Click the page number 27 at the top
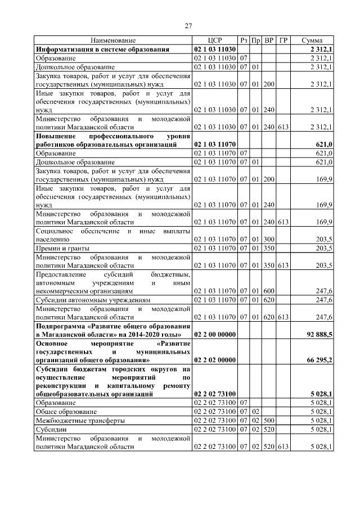pos(188,25)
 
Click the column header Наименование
pos(113,41)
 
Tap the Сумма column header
pos(312,41)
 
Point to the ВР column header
pos(269,41)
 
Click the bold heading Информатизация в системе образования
pos(102,49)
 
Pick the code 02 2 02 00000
pos(215,361)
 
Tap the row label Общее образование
pos(63,412)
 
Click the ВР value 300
pos(269,240)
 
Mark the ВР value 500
pos(269,420)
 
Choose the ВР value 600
pos(269,292)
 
